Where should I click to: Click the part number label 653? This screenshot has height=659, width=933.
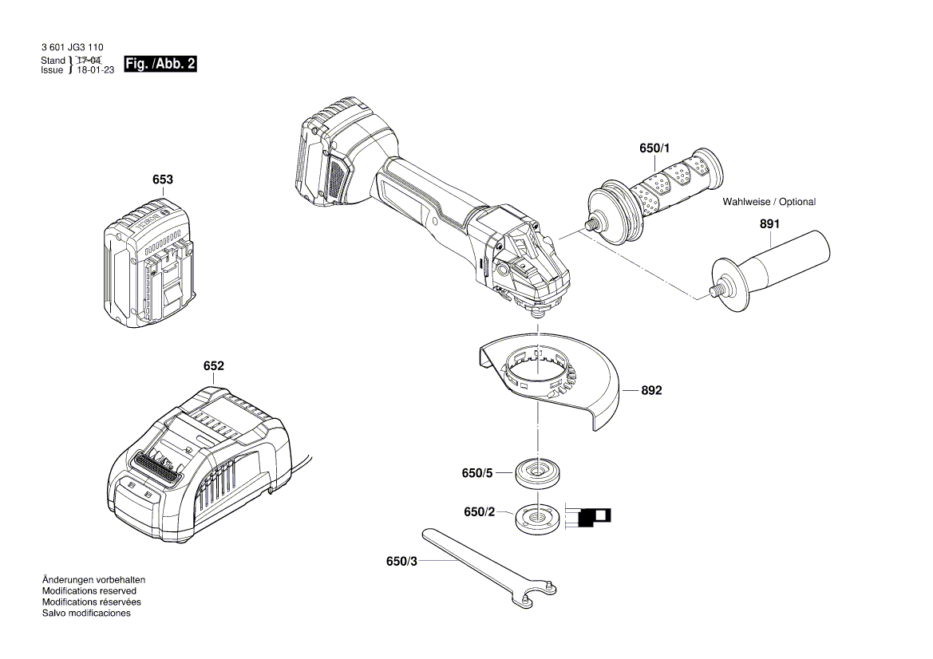163,180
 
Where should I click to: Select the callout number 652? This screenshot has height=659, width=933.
213,366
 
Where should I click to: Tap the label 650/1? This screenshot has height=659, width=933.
655,149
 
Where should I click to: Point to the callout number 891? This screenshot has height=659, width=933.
769,225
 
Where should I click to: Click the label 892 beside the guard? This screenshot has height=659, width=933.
651,391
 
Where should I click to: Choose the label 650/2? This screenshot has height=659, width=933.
480,511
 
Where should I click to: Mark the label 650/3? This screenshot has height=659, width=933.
401,562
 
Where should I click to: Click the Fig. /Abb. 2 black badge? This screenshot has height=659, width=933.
160,65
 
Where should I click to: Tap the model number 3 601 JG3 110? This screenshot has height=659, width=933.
72,48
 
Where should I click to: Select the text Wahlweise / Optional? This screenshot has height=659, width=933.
769,202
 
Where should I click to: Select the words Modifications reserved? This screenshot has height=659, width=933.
89,591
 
